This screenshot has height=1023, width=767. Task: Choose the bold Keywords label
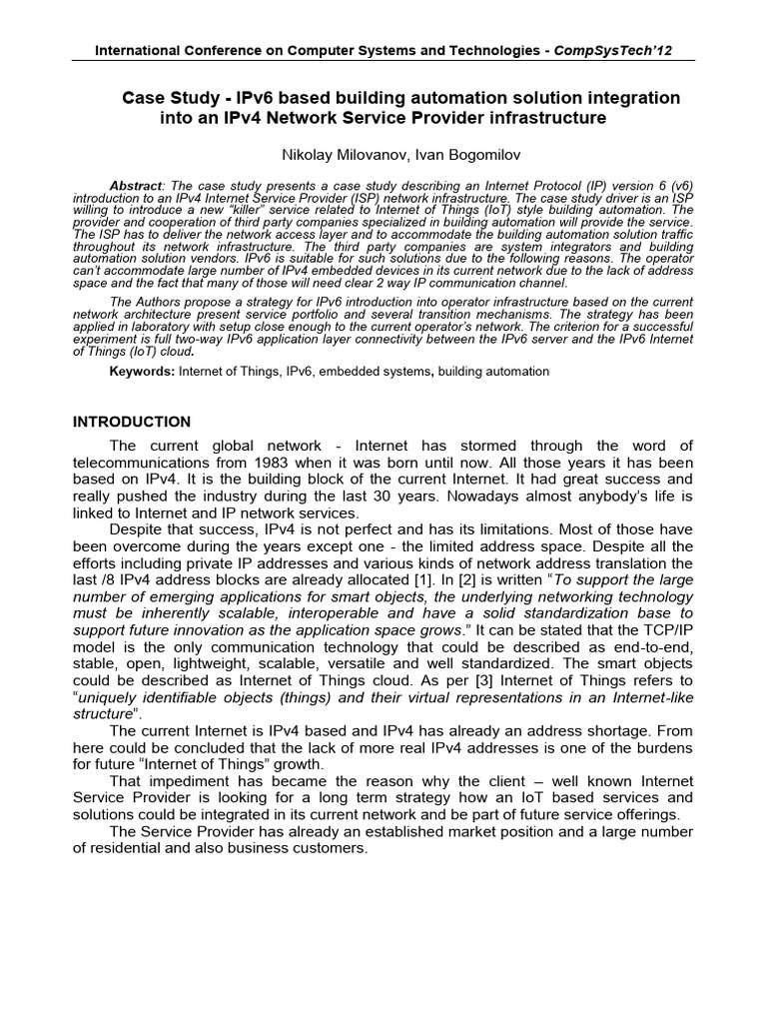coord(142,371)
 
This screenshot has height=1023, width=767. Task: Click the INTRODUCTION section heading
coord(132,422)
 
